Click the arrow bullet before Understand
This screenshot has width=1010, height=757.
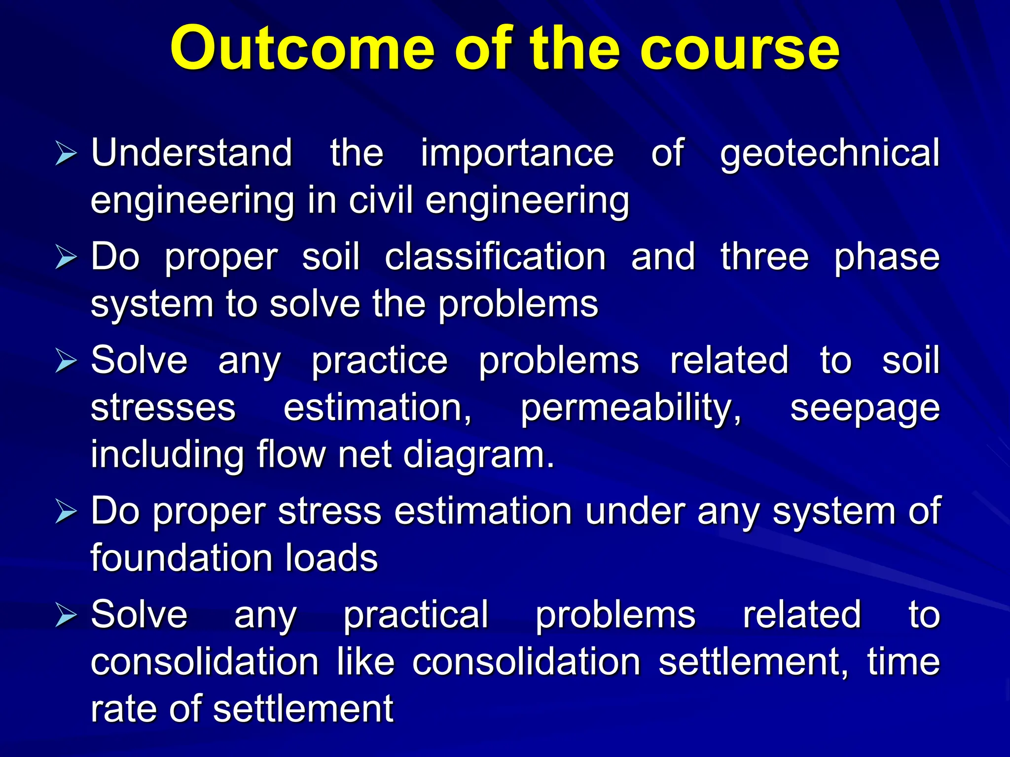point(66,153)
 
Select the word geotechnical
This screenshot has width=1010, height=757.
point(830,154)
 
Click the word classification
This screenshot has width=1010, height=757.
point(495,257)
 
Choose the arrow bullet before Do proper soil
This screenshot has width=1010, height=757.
point(66,258)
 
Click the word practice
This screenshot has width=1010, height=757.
point(379,361)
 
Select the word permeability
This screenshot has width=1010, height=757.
point(631,409)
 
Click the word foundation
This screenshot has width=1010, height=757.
point(180,558)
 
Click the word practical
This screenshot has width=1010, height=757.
point(415,615)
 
